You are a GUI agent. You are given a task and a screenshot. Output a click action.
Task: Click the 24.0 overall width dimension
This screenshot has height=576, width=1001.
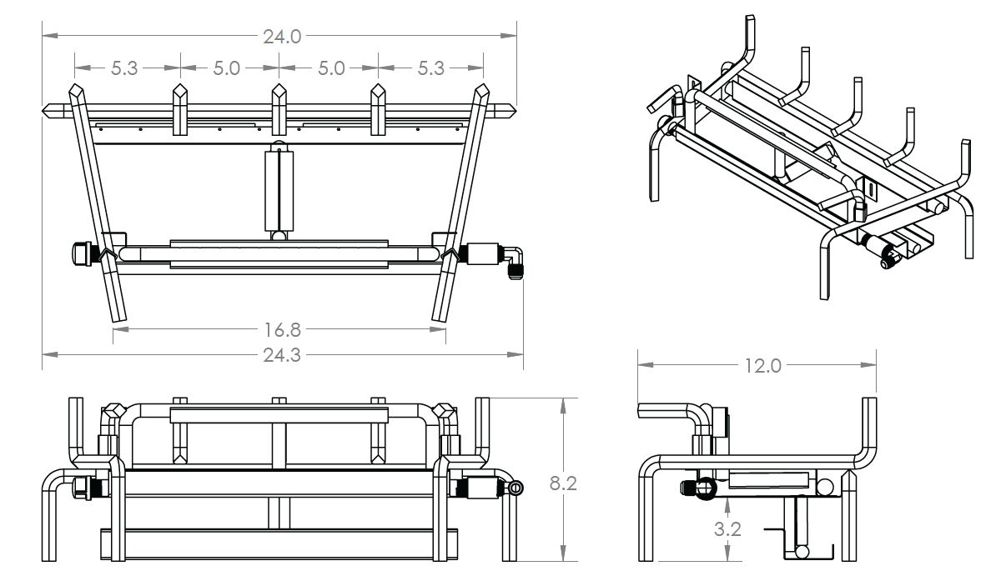(x=281, y=37)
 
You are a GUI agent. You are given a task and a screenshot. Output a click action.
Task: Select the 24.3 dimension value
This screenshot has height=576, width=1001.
(x=281, y=355)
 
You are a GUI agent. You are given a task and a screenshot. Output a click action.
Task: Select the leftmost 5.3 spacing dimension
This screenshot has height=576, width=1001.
(x=125, y=68)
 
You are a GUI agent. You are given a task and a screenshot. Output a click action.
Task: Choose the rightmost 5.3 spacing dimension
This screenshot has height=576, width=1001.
(x=430, y=68)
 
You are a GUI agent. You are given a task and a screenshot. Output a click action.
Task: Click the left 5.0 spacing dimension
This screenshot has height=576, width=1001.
(x=226, y=68)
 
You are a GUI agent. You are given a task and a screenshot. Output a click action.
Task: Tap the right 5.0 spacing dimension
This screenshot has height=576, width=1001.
(x=330, y=68)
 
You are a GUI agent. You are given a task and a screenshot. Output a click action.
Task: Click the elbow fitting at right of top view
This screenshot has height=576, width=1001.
(x=513, y=260)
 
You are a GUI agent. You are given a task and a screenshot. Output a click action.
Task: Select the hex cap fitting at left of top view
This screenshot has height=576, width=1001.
(x=81, y=253)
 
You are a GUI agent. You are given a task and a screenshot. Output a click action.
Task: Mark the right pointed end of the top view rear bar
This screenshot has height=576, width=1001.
(x=510, y=110)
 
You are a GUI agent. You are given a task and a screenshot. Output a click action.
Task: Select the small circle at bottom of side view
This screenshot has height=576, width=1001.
(x=801, y=552)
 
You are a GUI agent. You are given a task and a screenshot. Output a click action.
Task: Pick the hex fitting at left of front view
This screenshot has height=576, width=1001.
(x=82, y=486)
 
